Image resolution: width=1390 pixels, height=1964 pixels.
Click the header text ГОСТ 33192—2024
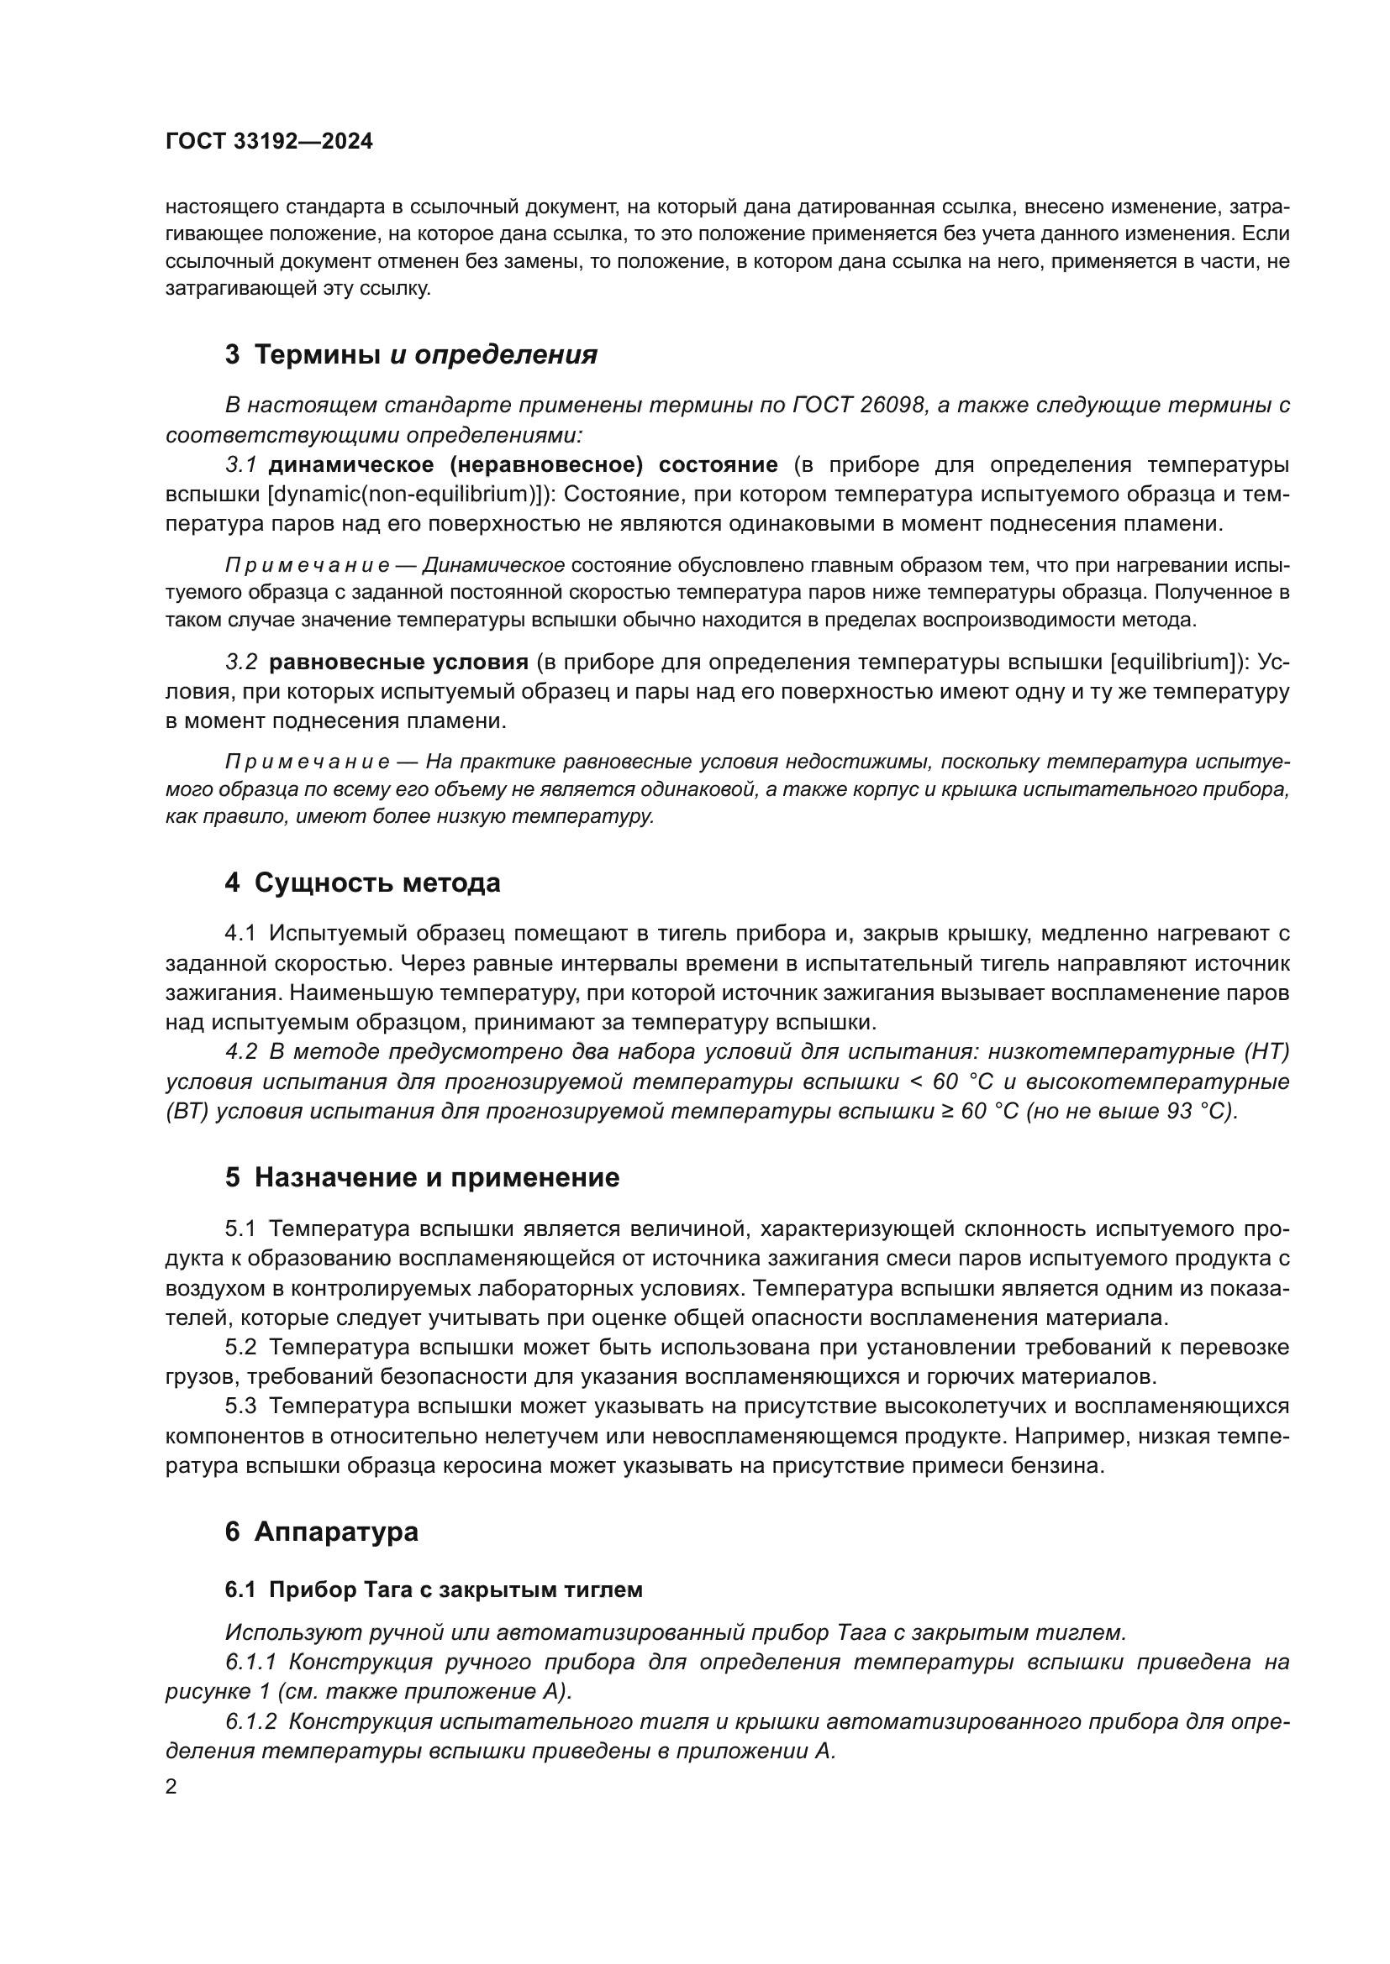pyautogui.click(x=269, y=142)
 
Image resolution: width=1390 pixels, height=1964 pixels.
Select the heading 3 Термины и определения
pyautogui.click(x=411, y=354)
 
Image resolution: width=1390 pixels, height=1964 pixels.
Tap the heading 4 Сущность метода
pyautogui.click(x=362, y=882)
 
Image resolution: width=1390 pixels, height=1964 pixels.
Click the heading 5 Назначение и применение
pyautogui.click(x=422, y=1178)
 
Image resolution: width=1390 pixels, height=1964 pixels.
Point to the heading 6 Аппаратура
pyautogui.click(x=322, y=1532)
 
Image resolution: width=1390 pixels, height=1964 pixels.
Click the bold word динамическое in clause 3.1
pyautogui.click(x=351, y=464)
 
